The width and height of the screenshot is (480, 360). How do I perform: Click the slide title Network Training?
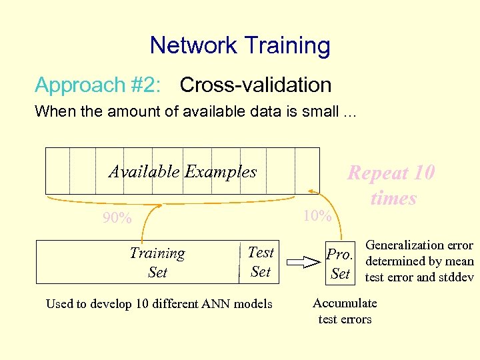(x=240, y=45)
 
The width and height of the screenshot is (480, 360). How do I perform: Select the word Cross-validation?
(x=255, y=85)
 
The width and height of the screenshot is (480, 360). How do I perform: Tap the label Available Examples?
(x=183, y=171)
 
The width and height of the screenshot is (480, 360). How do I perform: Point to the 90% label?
(x=117, y=218)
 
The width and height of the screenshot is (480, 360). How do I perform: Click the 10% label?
(x=317, y=215)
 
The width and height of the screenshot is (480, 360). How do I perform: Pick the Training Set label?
(x=157, y=262)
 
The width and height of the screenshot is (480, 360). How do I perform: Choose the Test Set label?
(x=260, y=261)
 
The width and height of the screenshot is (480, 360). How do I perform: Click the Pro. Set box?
(x=340, y=263)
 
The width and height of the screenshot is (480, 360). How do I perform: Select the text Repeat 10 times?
(x=392, y=185)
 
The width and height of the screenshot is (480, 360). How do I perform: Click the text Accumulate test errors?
(x=345, y=311)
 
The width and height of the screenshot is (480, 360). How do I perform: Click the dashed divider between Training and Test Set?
(x=238, y=261)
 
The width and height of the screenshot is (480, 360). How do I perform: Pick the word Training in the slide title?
(x=287, y=45)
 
